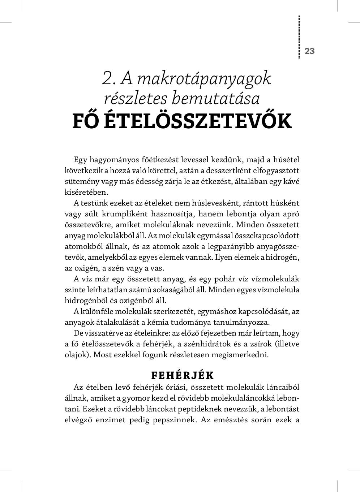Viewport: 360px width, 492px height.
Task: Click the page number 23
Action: (x=310, y=51)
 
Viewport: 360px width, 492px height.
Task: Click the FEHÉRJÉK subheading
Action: (x=183, y=375)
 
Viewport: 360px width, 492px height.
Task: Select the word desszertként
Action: (x=206, y=171)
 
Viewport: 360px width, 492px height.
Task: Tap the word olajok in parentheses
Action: (x=76, y=355)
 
